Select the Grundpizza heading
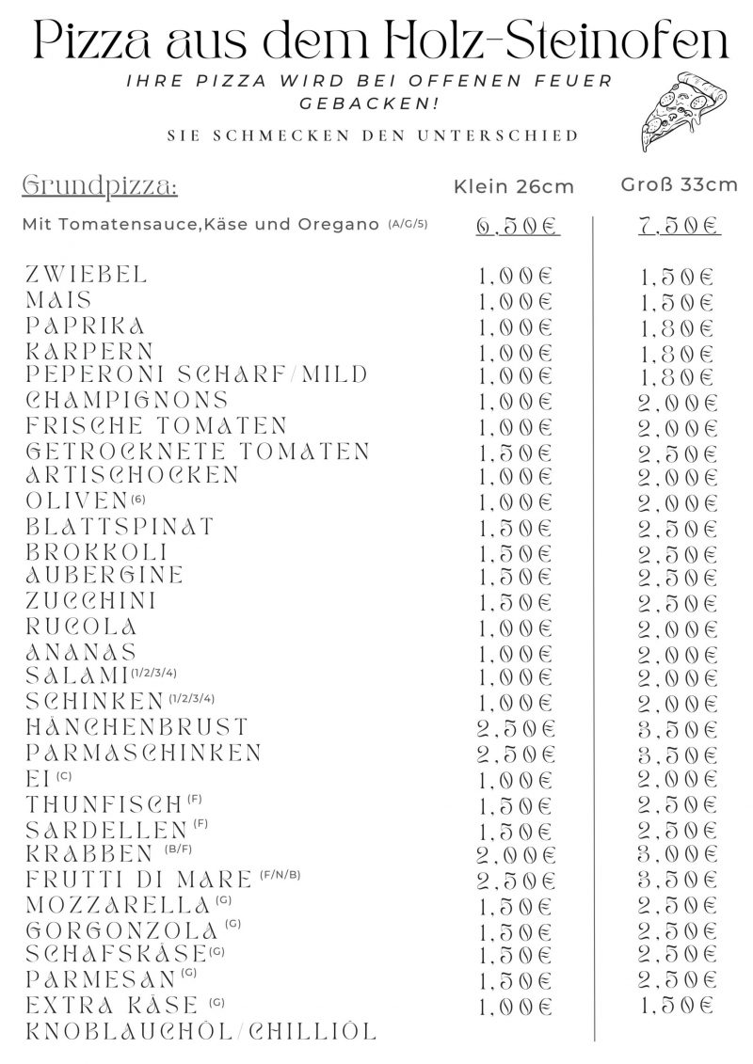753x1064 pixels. (x=99, y=184)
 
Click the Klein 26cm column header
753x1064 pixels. (x=513, y=186)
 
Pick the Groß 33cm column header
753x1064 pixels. (x=679, y=184)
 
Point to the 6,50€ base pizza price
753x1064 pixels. (x=517, y=227)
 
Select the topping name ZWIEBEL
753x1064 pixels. (x=87, y=275)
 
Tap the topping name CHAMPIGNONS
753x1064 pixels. (x=127, y=400)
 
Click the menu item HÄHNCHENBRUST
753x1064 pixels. (x=137, y=726)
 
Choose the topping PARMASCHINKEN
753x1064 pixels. (x=144, y=753)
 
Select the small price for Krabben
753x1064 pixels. (x=517, y=855)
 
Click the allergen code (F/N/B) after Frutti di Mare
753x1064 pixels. (x=280, y=876)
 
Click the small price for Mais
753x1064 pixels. (x=517, y=303)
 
